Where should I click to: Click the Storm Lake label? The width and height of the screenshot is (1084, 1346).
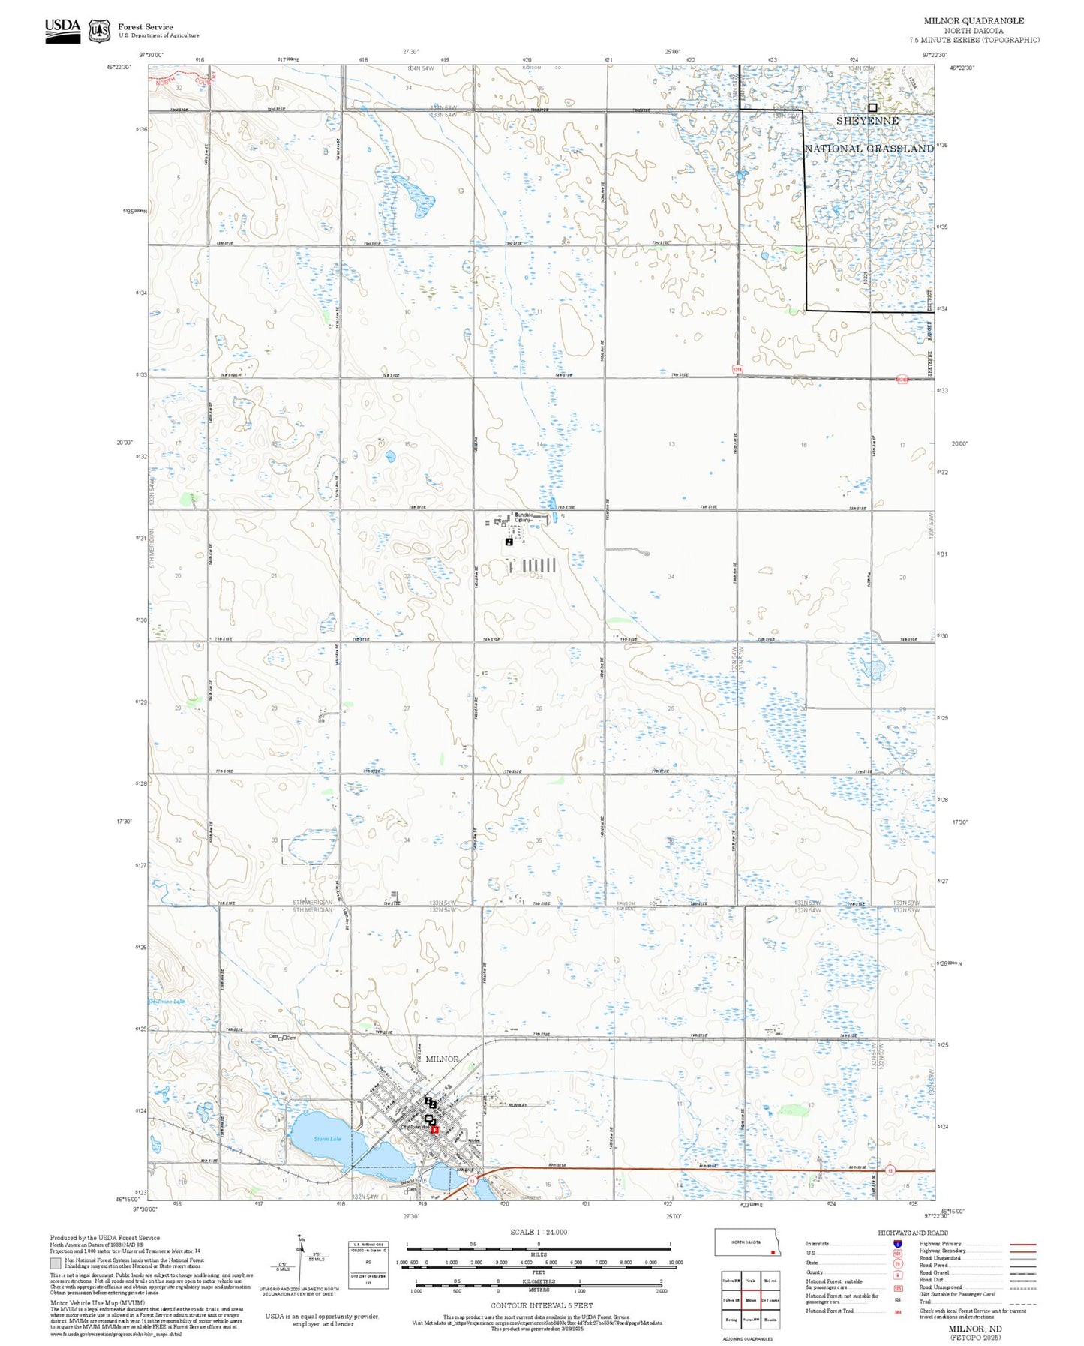click(327, 1139)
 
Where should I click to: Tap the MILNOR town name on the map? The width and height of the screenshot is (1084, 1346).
click(442, 1059)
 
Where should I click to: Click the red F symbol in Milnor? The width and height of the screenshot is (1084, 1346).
click(435, 1129)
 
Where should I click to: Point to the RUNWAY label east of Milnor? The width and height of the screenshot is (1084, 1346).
click(518, 1105)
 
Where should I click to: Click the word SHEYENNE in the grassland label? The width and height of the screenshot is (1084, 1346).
click(867, 121)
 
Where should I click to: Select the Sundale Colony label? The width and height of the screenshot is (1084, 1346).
click(524, 517)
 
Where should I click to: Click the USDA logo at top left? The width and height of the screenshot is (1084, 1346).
click(62, 29)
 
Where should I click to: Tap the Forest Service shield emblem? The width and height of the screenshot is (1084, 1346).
click(99, 31)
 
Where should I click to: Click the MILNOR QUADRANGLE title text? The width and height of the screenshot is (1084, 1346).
click(974, 21)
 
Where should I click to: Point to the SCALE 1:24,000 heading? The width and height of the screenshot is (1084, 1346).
click(538, 1232)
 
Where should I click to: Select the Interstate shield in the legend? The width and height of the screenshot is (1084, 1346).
click(898, 1244)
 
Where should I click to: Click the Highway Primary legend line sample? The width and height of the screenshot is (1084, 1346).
click(1022, 1244)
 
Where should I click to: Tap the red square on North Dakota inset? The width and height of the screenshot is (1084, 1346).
click(772, 1251)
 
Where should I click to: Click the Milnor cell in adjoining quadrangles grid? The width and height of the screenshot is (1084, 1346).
click(750, 1300)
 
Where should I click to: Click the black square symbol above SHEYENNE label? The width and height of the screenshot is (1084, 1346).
click(872, 107)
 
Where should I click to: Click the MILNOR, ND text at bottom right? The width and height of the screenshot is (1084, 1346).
click(974, 1329)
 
